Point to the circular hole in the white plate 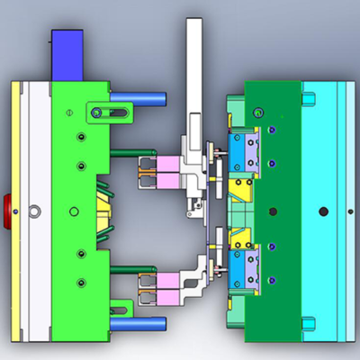(34, 211)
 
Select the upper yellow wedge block (240, 188)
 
